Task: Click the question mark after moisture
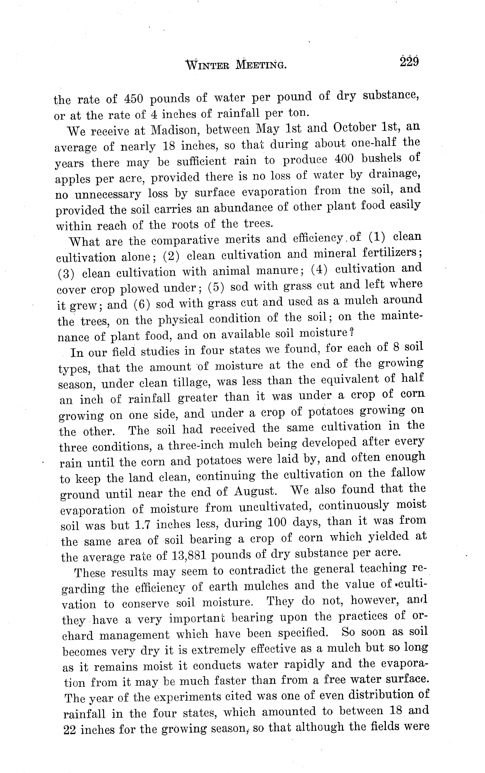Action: pyautogui.click(x=352, y=333)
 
